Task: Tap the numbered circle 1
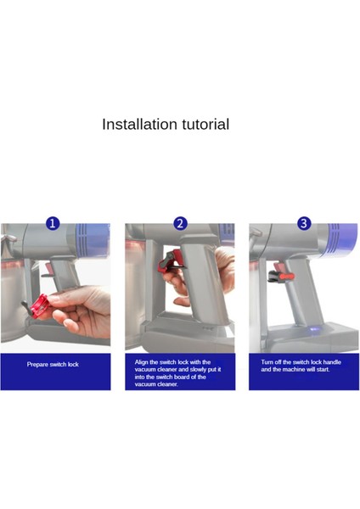click(53, 224)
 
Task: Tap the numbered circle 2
click(180, 224)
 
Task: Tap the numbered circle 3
click(304, 224)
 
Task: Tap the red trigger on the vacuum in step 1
click(49, 271)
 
